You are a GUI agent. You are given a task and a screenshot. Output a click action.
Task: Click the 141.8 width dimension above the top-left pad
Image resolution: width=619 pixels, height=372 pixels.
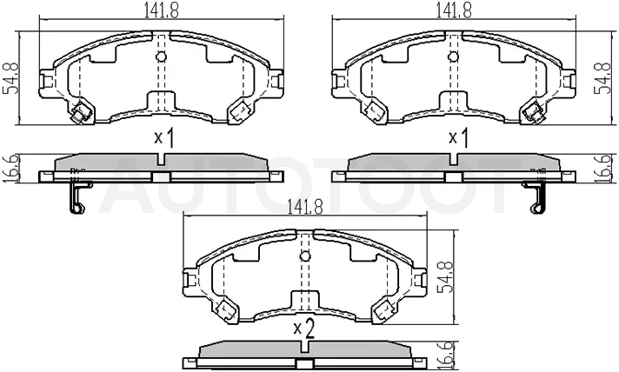coord(161,10)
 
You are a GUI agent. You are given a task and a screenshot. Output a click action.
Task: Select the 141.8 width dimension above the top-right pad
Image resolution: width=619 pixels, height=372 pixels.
coord(454,10)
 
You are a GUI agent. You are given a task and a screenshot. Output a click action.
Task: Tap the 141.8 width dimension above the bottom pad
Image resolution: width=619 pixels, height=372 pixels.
coord(305,208)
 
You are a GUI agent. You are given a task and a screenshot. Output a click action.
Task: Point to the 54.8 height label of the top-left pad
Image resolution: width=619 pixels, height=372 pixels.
coord(10,78)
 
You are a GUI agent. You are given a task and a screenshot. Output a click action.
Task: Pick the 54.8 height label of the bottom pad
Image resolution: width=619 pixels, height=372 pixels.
coord(446,277)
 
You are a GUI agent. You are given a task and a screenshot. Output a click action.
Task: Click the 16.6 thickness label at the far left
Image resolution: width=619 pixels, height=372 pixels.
coord(10,169)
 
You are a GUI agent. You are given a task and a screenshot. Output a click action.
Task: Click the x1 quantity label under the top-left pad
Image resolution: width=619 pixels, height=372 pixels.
coord(163,138)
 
